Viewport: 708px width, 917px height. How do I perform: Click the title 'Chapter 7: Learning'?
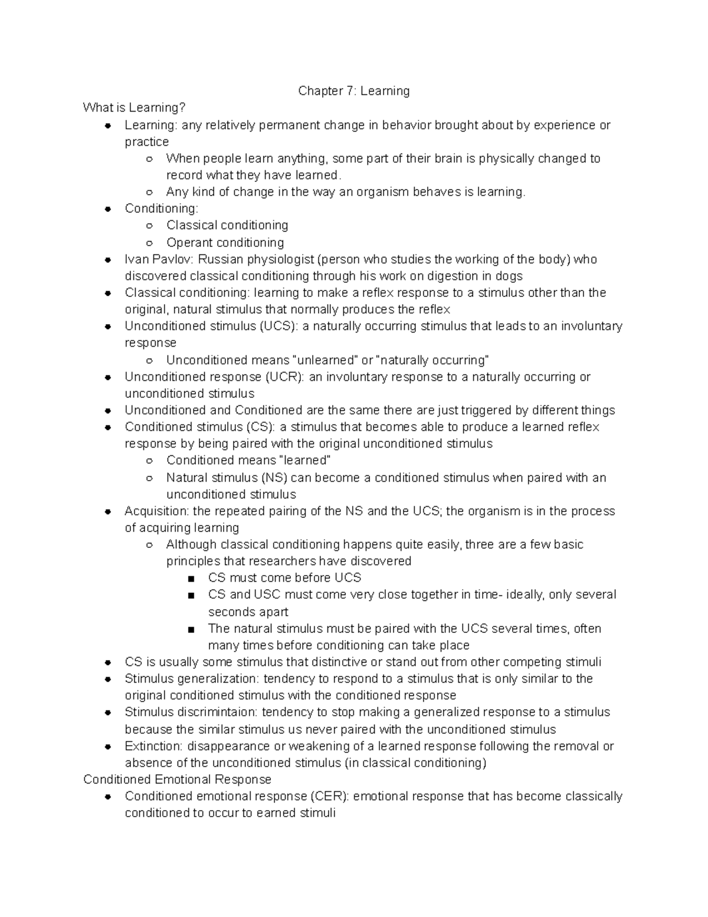[353, 91]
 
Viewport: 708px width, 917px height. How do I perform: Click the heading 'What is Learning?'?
[134, 107]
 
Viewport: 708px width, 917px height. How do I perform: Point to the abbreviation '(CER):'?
[330, 796]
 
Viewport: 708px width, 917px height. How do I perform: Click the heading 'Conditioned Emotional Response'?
[177, 779]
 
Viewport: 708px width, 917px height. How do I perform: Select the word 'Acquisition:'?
[156, 511]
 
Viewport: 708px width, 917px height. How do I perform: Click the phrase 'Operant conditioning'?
[225, 243]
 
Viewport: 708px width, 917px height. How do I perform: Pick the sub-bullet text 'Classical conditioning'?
[227, 225]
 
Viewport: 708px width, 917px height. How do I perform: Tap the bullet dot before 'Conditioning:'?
[108, 209]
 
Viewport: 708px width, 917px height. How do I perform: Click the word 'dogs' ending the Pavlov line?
[509, 276]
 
